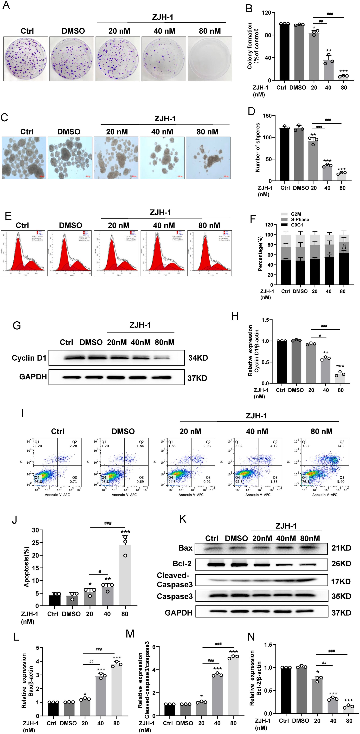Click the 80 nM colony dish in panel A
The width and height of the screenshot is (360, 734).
click(x=210, y=59)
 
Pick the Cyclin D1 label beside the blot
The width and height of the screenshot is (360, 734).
click(x=29, y=358)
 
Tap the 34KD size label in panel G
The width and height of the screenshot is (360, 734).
click(x=198, y=358)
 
